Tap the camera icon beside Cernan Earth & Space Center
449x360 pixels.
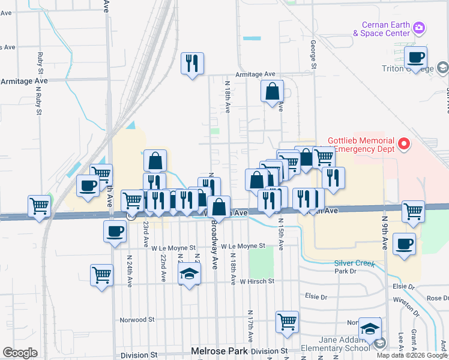[419, 28]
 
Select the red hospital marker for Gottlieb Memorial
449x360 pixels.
[404, 144]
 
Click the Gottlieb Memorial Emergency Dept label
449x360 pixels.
[362, 145]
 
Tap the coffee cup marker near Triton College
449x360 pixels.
[415, 58]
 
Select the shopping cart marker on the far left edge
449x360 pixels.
[40, 206]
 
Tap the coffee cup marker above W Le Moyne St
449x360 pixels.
[115, 231]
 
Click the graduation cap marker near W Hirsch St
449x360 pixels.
[190, 275]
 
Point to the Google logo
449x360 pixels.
[19, 353]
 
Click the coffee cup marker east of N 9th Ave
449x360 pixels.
[404, 244]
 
